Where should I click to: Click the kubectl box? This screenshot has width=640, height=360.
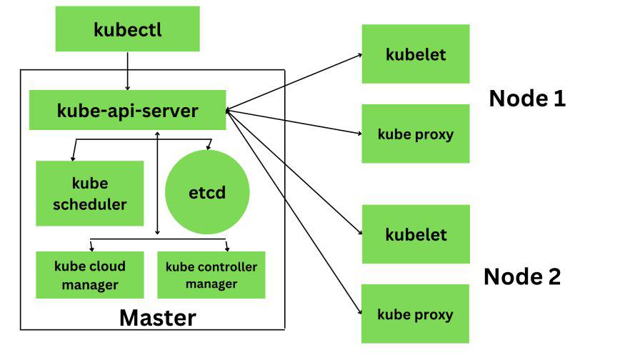coord(127,30)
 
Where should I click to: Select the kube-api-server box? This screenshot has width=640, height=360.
coord(127,110)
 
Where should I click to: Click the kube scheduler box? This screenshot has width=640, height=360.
coord(90,193)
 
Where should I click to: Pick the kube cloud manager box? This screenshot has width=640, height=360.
coord(90,275)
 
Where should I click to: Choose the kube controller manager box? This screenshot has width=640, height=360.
coord(211,275)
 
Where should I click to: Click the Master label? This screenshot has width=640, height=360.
coord(157,317)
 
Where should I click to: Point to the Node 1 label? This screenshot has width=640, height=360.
coord(527,99)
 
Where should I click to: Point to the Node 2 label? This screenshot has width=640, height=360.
coord(522,276)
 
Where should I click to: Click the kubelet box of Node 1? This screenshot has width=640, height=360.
coord(416,54)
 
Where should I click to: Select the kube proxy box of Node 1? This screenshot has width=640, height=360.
coord(416,134)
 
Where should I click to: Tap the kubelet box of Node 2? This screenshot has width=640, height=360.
coord(416,234)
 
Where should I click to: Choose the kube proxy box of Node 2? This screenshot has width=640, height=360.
coord(416,314)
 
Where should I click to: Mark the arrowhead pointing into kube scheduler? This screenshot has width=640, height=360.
coord(73,156)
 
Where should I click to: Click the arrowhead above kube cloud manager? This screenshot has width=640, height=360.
coord(91,248)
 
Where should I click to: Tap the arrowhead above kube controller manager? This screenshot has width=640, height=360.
coord(227,248)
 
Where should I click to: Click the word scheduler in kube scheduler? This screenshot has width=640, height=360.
coord(90,204)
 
